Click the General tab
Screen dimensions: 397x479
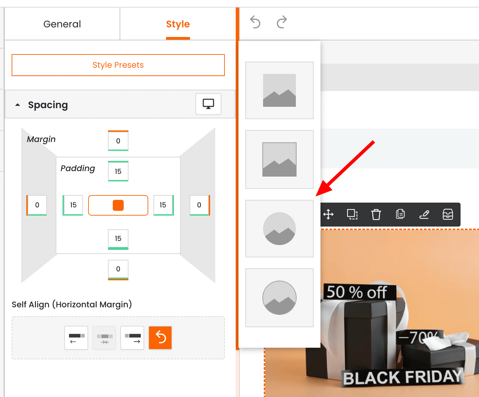(x=62, y=24)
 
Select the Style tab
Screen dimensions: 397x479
(x=178, y=24)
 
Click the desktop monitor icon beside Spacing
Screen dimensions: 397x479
(x=208, y=104)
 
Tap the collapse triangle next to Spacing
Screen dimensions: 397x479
(x=18, y=105)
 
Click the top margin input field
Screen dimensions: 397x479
(x=118, y=141)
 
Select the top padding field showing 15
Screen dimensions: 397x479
(x=118, y=171)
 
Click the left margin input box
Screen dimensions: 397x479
(x=37, y=205)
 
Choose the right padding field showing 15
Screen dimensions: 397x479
(x=163, y=205)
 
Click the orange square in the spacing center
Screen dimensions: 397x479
(x=118, y=205)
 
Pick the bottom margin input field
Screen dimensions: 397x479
(x=118, y=269)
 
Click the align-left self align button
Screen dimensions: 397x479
(x=76, y=338)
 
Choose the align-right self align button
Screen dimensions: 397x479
(x=132, y=338)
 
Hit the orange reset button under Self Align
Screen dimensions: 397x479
(x=160, y=338)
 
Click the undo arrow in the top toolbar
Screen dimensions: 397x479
(x=255, y=22)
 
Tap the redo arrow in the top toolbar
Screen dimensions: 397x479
(x=282, y=22)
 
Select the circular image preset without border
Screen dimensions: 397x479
(x=279, y=229)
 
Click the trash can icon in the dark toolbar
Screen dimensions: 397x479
(x=376, y=215)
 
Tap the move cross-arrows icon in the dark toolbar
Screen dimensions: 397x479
(x=328, y=215)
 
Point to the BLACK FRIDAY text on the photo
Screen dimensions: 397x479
(x=402, y=377)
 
